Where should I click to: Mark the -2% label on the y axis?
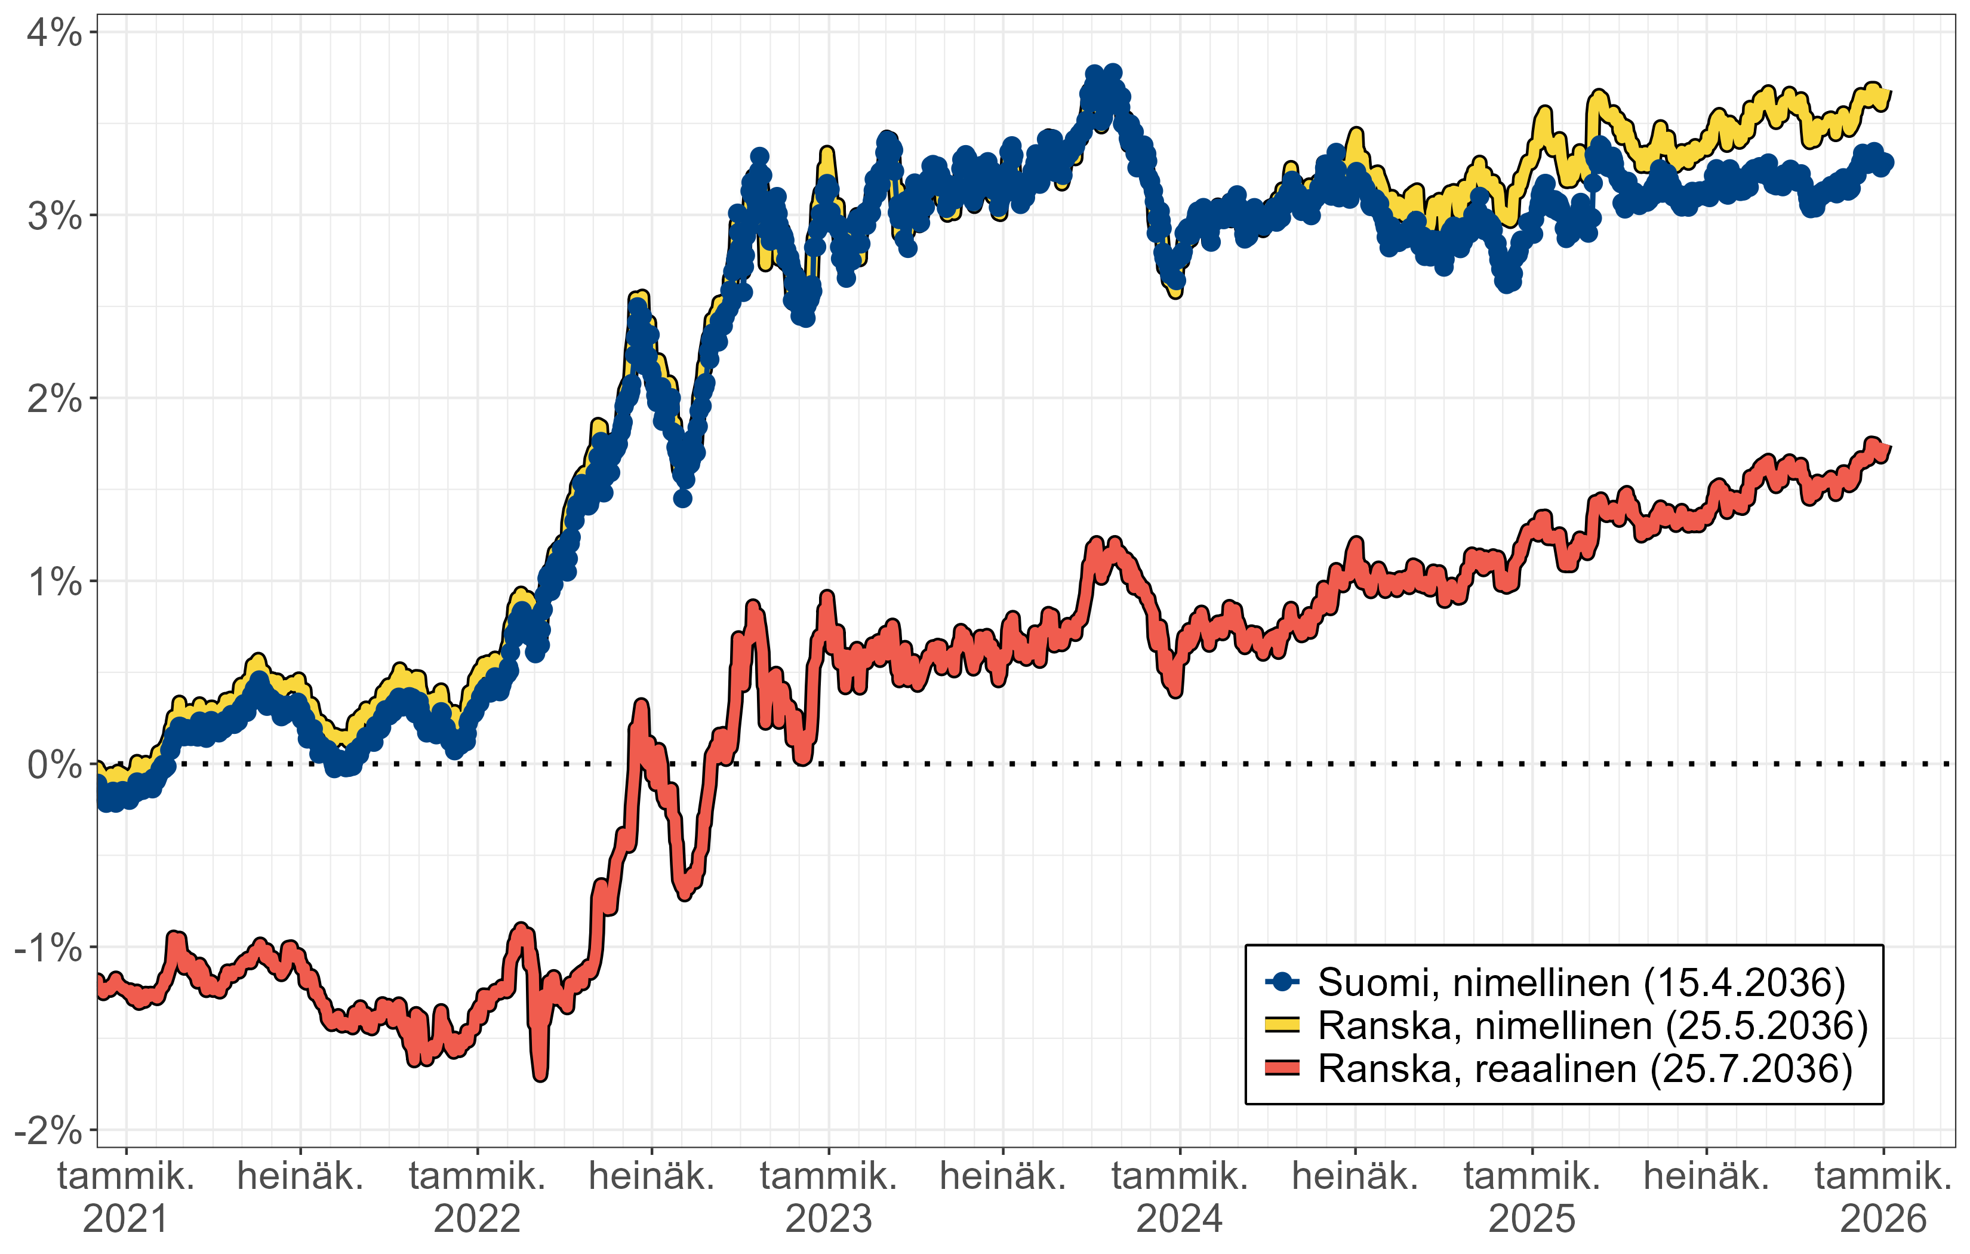point(49,1131)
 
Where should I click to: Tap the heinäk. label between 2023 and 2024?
point(1003,1177)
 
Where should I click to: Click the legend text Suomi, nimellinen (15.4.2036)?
point(1581,982)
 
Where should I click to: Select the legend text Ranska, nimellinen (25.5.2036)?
point(1593,1026)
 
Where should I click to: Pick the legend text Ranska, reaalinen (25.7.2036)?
point(1585,1069)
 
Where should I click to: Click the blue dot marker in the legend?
point(1282,982)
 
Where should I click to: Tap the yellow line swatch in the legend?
point(1282,1025)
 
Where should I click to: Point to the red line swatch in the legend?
point(1282,1068)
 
